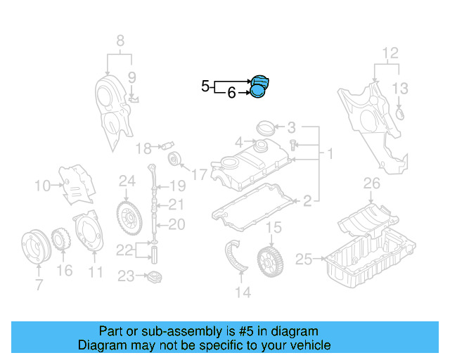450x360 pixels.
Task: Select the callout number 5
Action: tap(205, 86)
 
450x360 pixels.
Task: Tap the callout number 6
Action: tap(231, 92)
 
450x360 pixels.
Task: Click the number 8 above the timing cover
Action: tap(120, 40)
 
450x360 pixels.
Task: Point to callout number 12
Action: tap(390, 53)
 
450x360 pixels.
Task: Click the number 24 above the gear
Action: tap(127, 181)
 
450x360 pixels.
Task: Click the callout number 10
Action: tap(42, 186)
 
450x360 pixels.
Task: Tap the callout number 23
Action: tap(126, 276)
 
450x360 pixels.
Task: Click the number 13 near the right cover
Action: tap(399, 88)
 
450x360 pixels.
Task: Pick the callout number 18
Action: tap(143, 148)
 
